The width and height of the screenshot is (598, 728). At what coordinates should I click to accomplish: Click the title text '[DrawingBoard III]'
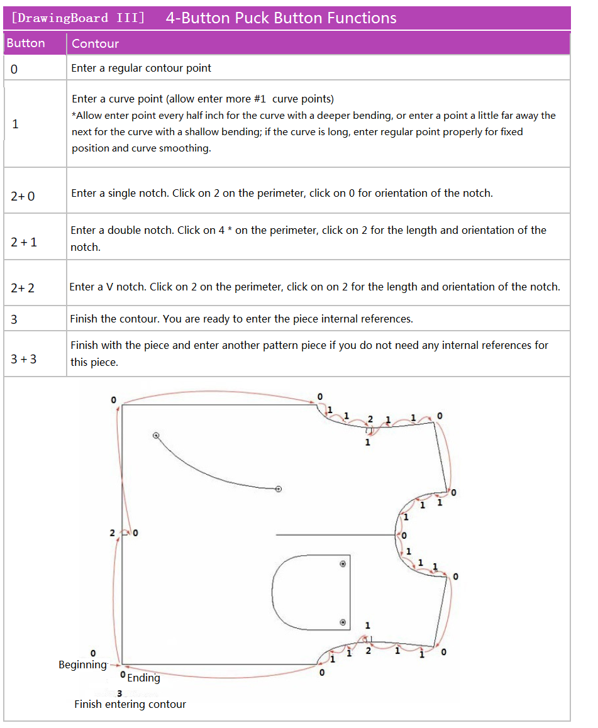tap(79, 18)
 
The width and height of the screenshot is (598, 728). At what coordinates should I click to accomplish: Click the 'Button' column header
tap(26, 43)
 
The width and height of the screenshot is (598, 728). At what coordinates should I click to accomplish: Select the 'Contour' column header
tap(95, 43)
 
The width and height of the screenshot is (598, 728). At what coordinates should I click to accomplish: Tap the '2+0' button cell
tap(23, 196)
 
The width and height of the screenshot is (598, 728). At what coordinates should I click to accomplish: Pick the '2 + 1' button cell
tap(24, 242)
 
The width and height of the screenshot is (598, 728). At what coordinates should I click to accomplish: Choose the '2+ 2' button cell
tap(23, 288)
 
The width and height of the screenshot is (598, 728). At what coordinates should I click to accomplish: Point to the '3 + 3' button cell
tap(24, 359)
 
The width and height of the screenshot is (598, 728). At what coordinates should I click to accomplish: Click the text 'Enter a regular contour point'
tap(141, 68)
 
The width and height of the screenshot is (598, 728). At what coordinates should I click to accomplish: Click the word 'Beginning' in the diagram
tap(82, 665)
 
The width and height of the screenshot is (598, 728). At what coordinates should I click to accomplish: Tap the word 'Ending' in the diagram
tap(143, 678)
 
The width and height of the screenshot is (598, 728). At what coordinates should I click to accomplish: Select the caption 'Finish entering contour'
tap(130, 704)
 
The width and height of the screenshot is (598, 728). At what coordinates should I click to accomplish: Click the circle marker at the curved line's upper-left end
tap(156, 435)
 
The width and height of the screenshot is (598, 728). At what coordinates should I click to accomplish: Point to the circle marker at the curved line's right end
tap(279, 488)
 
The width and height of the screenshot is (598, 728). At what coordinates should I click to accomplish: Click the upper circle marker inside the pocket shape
tap(343, 564)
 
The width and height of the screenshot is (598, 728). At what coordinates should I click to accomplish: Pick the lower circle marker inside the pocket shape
tap(343, 622)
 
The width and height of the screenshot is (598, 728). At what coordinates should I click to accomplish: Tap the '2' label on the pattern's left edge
tap(112, 533)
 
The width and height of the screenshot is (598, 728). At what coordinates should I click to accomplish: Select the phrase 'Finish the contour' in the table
tap(115, 319)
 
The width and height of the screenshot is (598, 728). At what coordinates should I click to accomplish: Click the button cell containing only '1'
tap(16, 124)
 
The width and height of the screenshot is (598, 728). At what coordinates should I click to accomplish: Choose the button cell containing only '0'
tap(14, 69)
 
